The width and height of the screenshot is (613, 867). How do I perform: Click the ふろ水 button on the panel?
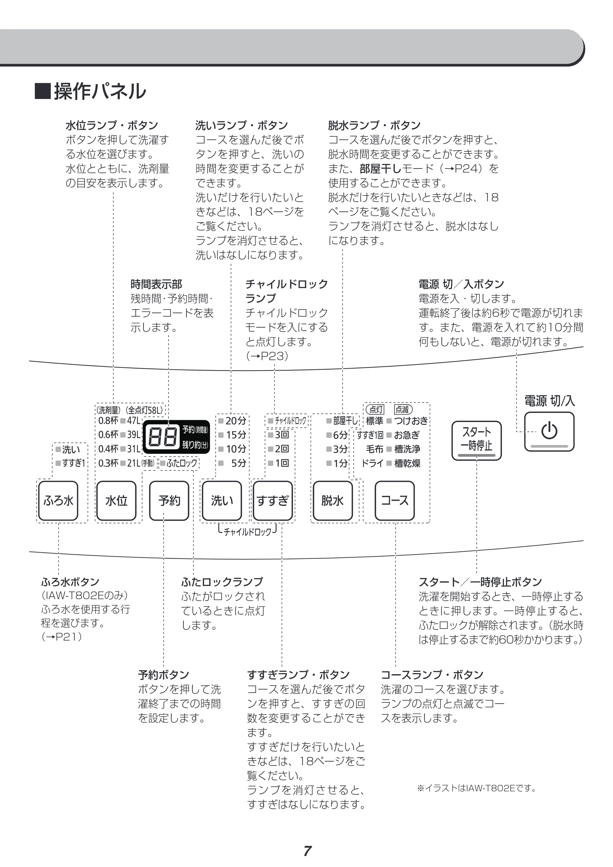point(58,501)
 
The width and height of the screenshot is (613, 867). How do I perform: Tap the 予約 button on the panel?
point(169,501)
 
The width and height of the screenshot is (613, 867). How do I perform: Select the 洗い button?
point(222,501)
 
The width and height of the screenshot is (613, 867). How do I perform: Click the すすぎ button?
point(273,501)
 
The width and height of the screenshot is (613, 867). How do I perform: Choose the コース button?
point(395,501)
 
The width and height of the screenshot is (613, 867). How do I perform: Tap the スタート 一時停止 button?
point(477,441)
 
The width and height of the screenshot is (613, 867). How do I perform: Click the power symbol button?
point(549,432)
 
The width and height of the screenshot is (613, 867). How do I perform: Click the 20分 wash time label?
point(236,421)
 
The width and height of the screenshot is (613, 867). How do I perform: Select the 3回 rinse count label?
point(282,435)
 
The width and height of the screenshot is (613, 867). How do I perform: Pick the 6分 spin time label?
point(340,435)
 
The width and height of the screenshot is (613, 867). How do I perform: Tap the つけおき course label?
point(411,421)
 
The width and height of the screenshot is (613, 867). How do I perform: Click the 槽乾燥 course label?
point(407,463)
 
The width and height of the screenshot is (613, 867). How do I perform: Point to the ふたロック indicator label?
point(182,463)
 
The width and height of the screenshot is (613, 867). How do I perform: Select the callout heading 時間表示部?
point(156,284)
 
